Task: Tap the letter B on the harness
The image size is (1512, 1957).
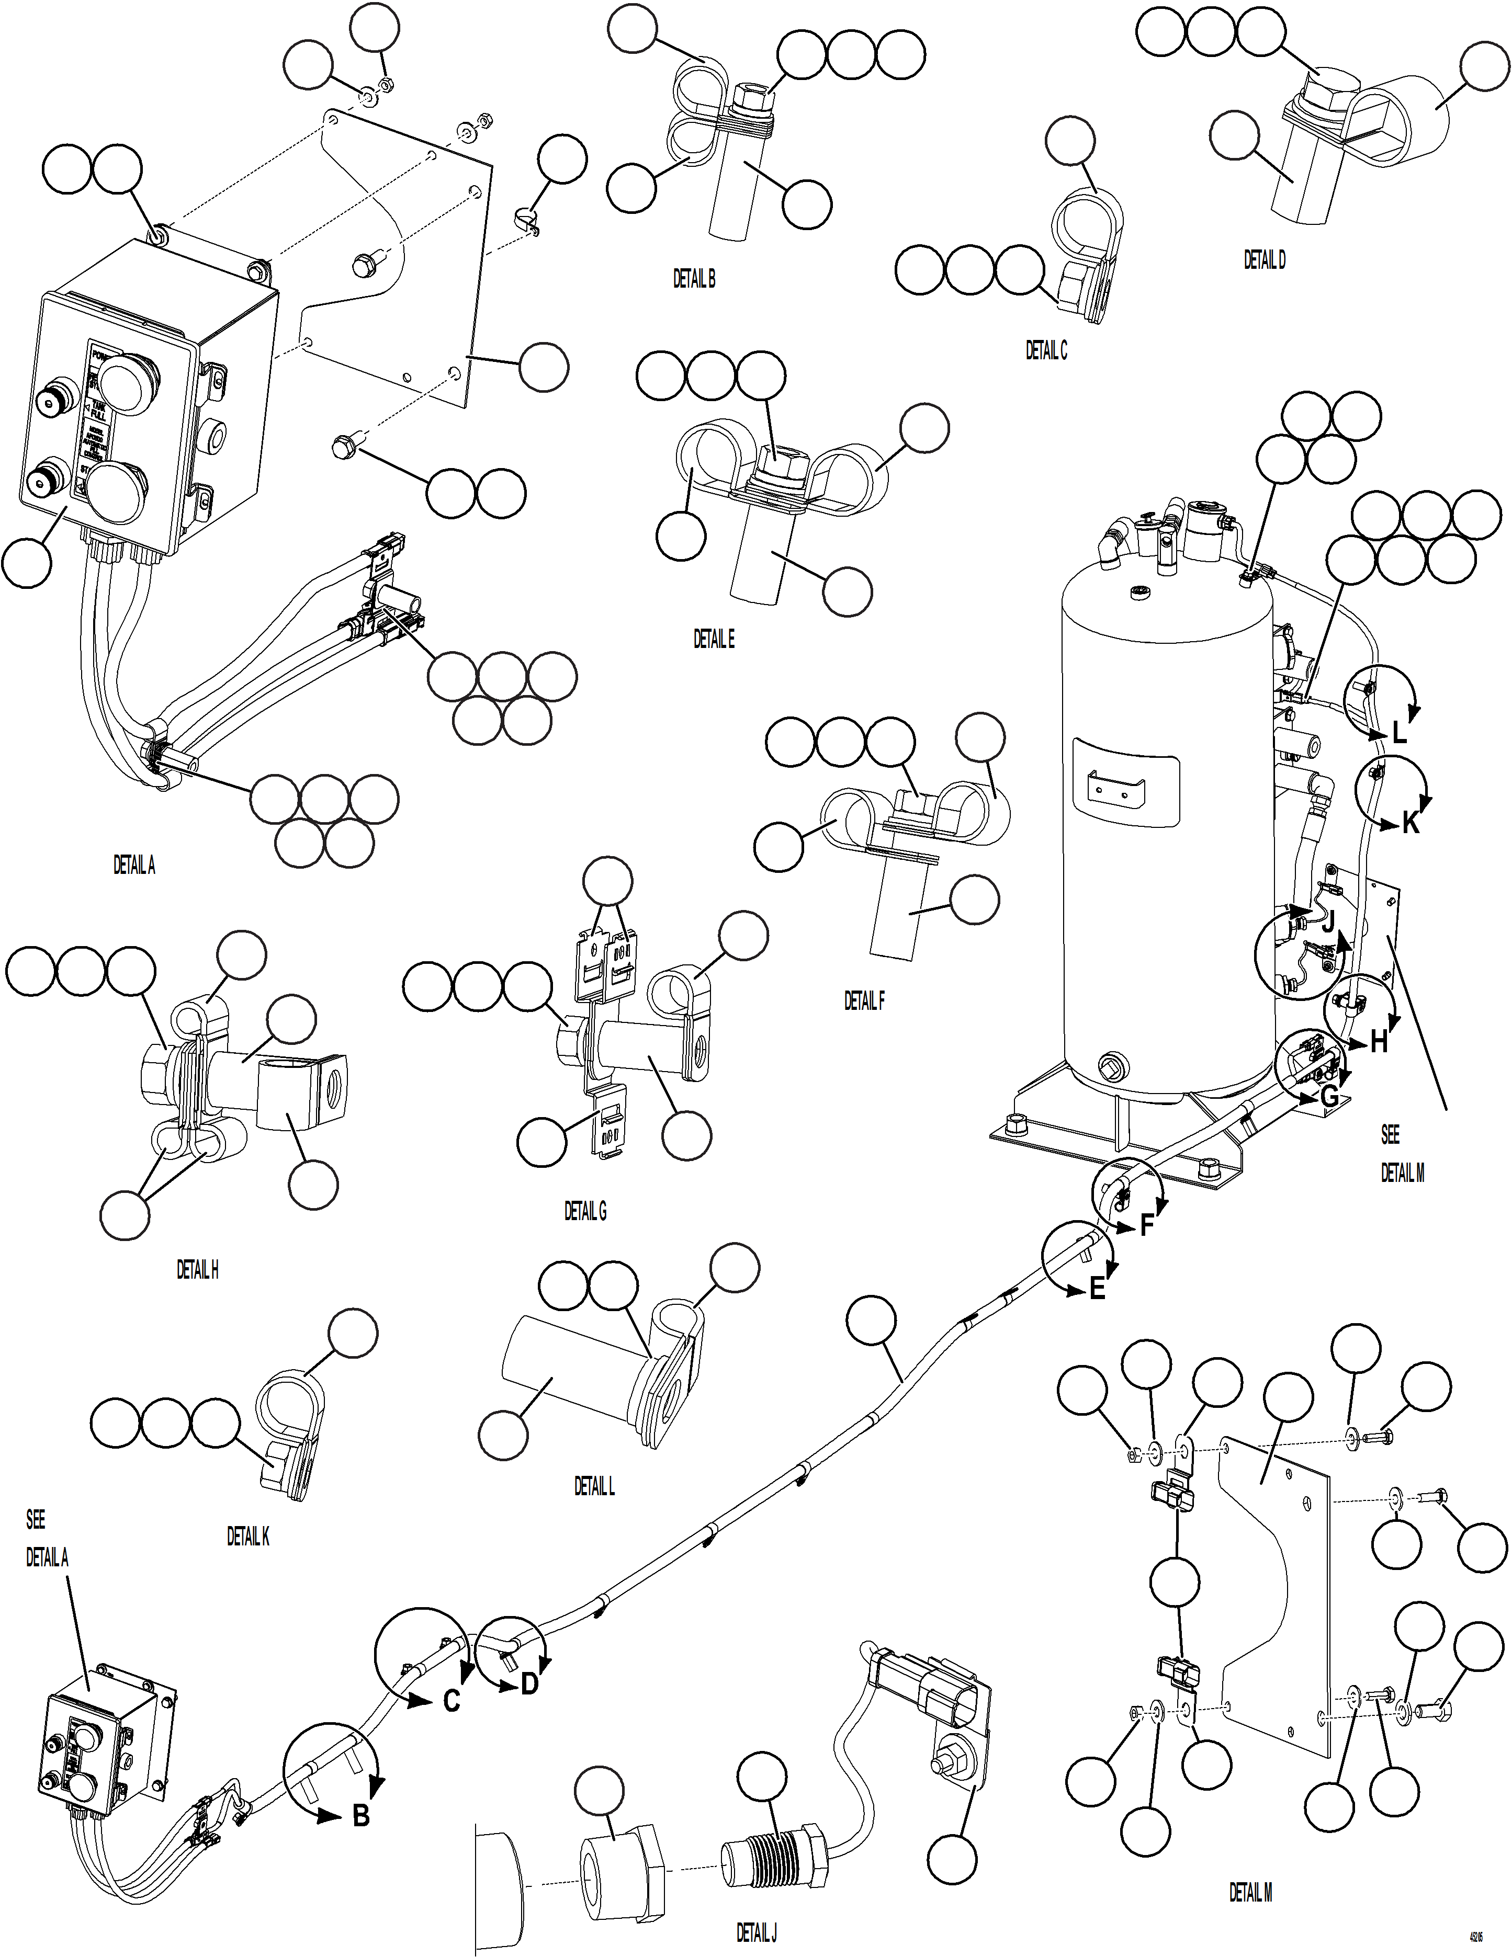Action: [x=360, y=1816]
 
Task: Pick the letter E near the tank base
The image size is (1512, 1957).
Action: [x=1097, y=1290]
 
